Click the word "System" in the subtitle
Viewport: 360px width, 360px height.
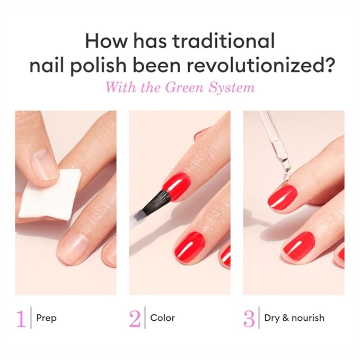point(234,87)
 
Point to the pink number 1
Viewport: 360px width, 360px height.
point(21,318)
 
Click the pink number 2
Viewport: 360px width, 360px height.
point(135,318)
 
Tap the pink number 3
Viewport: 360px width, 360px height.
point(249,318)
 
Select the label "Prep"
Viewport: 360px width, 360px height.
point(46,318)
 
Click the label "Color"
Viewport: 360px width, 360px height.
point(162,318)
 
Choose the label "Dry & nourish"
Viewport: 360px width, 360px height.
point(294,318)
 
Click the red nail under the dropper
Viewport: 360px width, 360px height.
point(282,197)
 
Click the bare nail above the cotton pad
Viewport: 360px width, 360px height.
point(45,164)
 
